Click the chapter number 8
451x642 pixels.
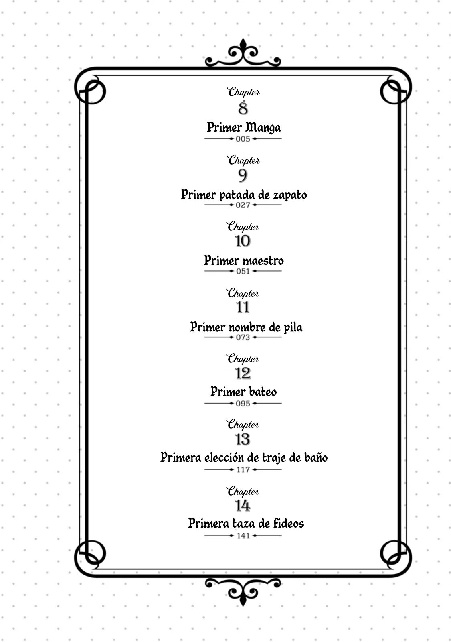coord(243,108)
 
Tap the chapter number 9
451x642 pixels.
coord(243,175)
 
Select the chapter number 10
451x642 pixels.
coord(243,241)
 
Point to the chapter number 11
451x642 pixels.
coord(243,307)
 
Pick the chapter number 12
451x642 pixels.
coord(243,373)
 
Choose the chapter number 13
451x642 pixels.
coord(243,439)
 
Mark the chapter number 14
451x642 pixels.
coord(243,506)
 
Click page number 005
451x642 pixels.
coord(243,139)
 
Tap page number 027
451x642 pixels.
coord(243,205)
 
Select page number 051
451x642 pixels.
coord(243,271)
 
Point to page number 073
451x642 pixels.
coord(243,337)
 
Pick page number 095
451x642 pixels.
coord(243,404)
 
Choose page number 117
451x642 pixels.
coord(243,470)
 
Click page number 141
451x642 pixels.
coord(243,536)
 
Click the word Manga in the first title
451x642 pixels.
coord(263,128)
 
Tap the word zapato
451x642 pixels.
coord(290,195)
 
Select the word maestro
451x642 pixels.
coord(263,261)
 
